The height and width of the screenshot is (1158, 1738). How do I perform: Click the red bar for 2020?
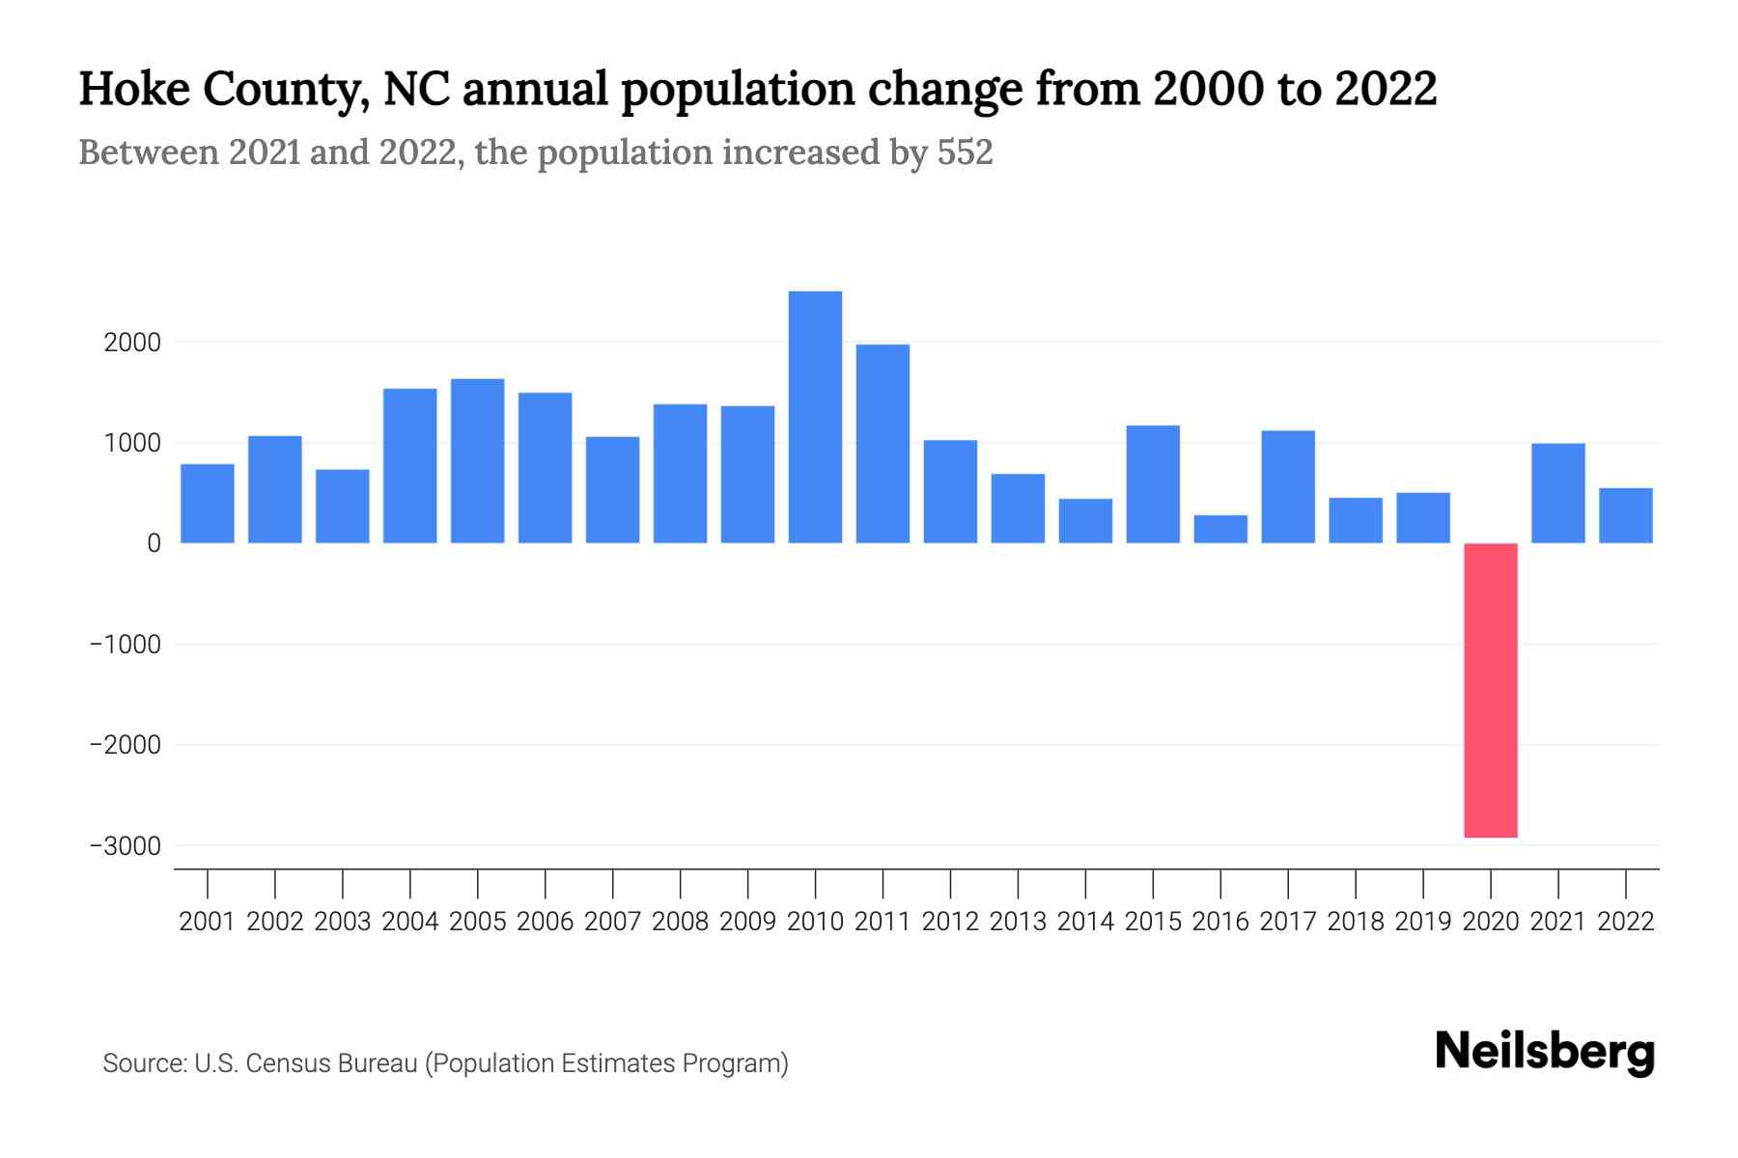[x=1490, y=690]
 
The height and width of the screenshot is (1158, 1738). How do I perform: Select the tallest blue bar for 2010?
[x=815, y=417]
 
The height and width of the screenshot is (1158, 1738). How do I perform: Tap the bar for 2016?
[x=1220, y=529]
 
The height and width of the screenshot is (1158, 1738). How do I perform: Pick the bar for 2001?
[x=208, y=504]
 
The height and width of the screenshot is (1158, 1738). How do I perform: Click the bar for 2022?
[x=1625, y=515]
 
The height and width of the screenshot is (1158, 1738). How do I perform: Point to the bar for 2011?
[x=883, y=444]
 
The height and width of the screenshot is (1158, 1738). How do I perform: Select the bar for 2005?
[x=478, y=461]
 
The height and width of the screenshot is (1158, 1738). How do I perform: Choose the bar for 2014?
[x=1085, y=521]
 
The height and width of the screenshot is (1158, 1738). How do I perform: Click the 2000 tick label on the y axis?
[x=132, y=343]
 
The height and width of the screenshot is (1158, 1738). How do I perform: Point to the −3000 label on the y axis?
[x=125, y=846]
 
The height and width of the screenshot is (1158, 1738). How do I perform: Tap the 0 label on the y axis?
[x=154, y=543]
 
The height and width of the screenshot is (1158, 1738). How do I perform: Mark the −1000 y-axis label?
[x=125, y=645]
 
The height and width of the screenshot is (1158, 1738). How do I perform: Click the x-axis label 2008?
[x=680, y=922]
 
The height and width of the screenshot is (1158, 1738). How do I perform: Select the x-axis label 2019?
[x=1422, y=922]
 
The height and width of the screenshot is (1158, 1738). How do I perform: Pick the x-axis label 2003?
[x=343, y=922]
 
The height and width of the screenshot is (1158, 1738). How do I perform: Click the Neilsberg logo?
[x=1545, y=1052]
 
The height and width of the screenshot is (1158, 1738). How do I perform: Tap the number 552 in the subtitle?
[x=965, y=152]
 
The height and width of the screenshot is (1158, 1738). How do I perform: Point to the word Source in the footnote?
[x=144, y=1063]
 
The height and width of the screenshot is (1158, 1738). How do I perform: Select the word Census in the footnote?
[x=283, y=1063]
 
